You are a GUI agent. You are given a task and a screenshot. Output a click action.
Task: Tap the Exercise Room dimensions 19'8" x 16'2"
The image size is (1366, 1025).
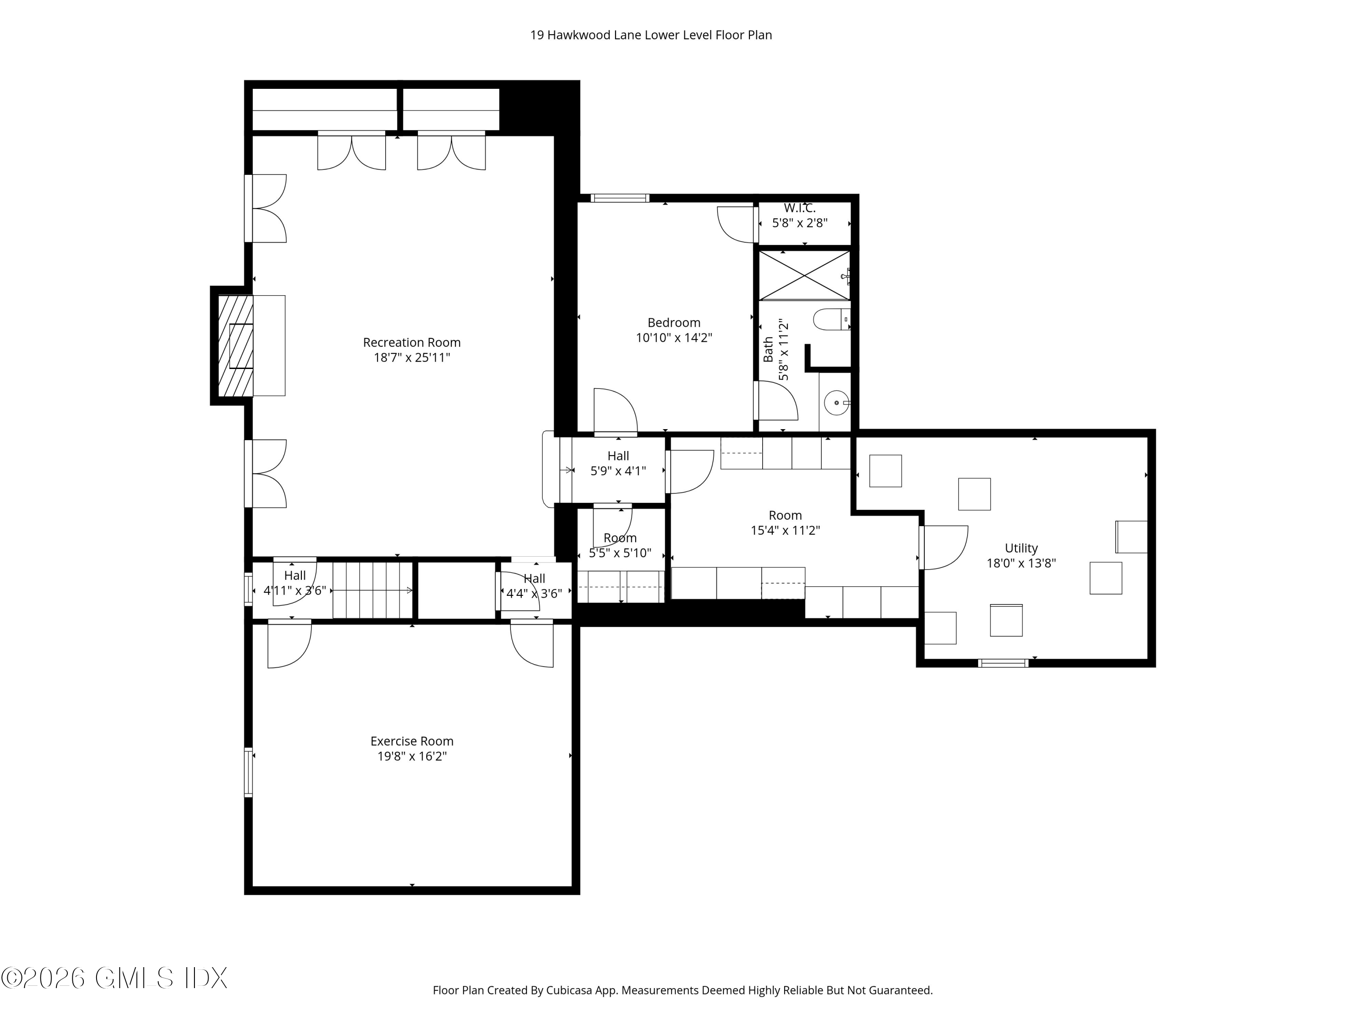click(x=412, y=756)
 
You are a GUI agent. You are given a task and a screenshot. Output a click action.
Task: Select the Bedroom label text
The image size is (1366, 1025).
click(x=674, y=323)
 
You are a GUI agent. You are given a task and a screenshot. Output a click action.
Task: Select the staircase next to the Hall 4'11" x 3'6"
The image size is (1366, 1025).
click(x=372, y=590)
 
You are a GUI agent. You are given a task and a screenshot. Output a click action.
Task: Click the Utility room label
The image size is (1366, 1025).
click(x=1021, y=548)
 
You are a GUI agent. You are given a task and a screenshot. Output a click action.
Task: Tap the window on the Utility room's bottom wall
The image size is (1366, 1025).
click(x=1003, y=663)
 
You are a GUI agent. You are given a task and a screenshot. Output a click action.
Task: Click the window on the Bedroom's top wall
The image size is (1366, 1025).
click(x=619, y=198)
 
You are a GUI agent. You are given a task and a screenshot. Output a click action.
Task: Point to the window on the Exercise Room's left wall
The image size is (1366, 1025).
click(x=248, y=772)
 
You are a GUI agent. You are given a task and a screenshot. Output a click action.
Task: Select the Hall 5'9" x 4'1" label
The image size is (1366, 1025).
click(x=618, y=463)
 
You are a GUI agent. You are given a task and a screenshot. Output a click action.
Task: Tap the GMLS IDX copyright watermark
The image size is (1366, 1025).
click(x=114, y=978)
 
